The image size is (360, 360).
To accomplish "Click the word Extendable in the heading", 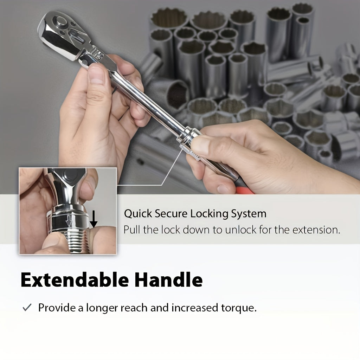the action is (x=75, y=280).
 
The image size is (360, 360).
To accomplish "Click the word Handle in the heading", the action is (x=168, y=280).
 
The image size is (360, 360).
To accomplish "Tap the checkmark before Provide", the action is (x=27, y=308).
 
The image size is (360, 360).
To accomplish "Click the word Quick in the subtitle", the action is (x=138, y=214).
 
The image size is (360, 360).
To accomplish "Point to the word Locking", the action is (x=209, y=214).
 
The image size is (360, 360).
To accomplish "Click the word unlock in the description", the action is (x=240, y=230).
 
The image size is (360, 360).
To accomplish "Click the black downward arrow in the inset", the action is (x=94, y=219).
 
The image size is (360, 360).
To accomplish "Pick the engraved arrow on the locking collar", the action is (x=69, y=222).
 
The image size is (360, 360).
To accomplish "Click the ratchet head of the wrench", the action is (x=62, y=34).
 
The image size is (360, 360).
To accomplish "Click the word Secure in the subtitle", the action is (x=171, y=214).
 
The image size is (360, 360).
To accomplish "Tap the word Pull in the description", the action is (x=132, y=230).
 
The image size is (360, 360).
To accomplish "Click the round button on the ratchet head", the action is (x=61, y=21).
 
